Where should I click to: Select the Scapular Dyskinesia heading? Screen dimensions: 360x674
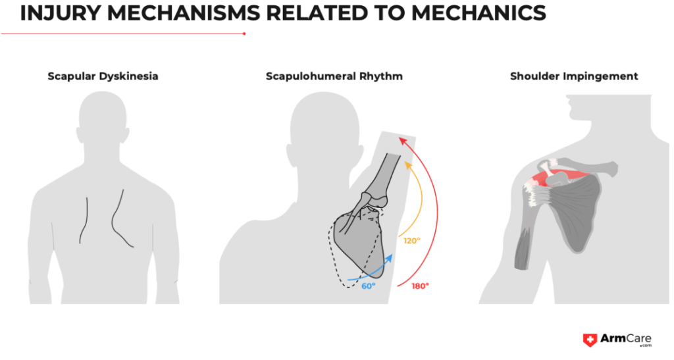point(103,76)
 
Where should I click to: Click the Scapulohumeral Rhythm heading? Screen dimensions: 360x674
point(334,76)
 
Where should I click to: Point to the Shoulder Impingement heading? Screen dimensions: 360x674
point(574,76)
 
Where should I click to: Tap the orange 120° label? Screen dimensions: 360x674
point(412,241)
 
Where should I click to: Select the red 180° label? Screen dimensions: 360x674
point(419,286)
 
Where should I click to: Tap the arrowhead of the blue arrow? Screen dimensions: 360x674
point(390,257)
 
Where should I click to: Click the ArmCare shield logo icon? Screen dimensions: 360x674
point(590,340)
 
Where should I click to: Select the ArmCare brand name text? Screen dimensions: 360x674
point(625,339)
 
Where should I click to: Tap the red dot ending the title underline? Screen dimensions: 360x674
point(244,34)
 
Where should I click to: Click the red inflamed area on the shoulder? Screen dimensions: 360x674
point(559,176)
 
